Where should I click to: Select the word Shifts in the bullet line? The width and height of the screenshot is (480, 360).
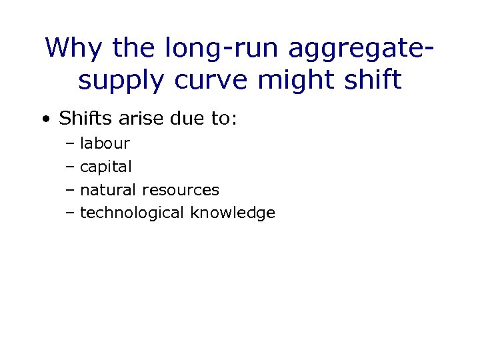(x=83, y=119)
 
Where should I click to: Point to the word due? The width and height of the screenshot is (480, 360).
(x=182, y=119)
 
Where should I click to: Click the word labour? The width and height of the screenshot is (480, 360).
(x=105, y=143)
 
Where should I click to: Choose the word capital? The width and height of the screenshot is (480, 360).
(x=106, y=167)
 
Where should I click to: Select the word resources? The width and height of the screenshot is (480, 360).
(x=181, y=190)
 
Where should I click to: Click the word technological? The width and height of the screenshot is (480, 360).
(x=133, y=213)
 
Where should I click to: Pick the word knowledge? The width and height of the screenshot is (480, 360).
(x=233, y=213)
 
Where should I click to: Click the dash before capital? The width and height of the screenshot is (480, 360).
(x=71, y=167)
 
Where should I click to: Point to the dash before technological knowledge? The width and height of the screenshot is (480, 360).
(x=71, y=214)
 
